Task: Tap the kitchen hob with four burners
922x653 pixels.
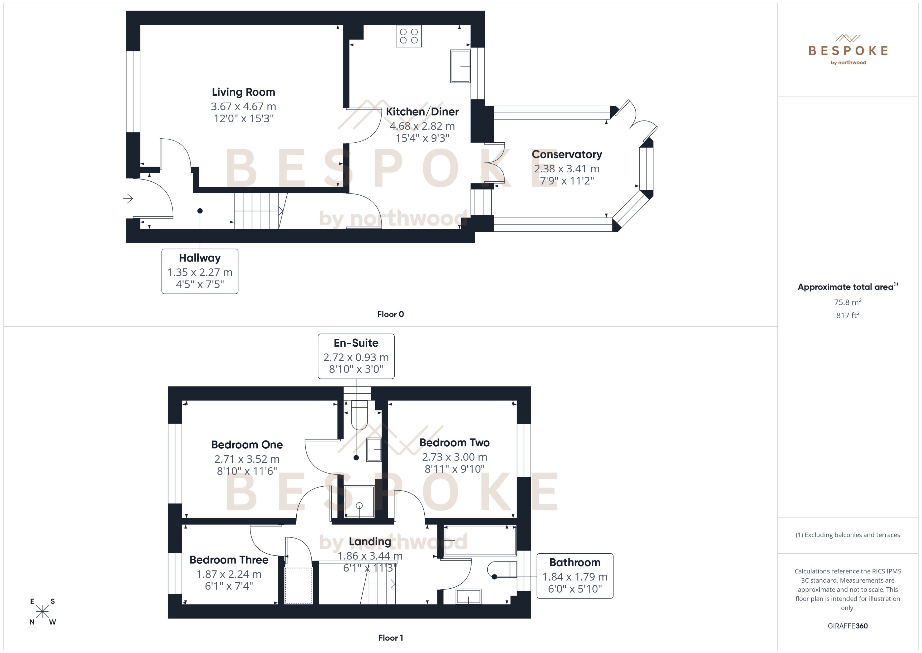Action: [409, 36]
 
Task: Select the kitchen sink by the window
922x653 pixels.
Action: [460, 66]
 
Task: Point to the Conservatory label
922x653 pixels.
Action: [566, 154]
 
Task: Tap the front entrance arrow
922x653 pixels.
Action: [128, 198]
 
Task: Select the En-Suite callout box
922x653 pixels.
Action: [356, 356]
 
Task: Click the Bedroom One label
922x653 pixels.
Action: [247, 445]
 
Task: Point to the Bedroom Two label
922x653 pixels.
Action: [454, 443]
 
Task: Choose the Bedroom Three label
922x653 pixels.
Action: [229, 560]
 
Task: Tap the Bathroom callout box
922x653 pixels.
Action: [575, 576]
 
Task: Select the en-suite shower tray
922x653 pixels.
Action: [359, 502]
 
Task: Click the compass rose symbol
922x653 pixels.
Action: [42, 612]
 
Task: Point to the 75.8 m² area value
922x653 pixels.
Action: [847, 302]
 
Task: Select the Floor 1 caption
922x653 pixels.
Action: [390, 638]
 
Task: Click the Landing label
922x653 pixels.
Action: [370, 542]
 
